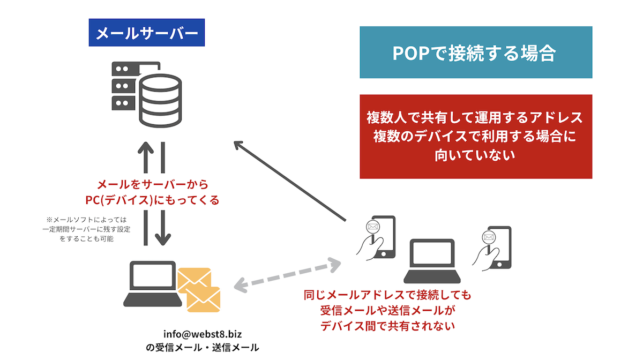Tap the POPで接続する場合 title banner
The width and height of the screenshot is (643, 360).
[x=475, y=52]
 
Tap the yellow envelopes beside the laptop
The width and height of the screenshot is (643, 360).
[x=199, y=289]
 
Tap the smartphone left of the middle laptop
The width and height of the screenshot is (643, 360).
[x=378, y=238]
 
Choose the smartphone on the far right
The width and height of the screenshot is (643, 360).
[x=494, y=246]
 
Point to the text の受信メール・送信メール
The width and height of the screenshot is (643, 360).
[x=202, y=347]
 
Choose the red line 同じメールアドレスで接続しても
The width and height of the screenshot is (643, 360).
[x=387, y=295]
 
